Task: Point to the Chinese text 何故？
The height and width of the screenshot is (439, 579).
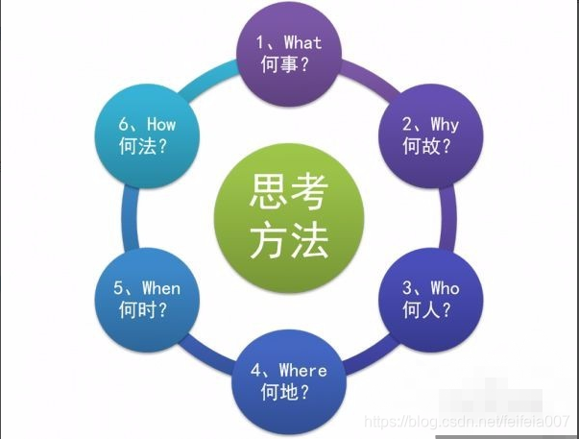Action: click(x=428, y=148)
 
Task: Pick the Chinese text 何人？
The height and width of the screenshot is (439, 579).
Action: click(x=428, y=310)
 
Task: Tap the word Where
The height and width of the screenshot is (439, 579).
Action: click(x=302, y=370)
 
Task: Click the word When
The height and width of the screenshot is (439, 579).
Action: click(x=160, y=287)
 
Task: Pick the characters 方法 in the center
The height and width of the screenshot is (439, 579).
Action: click(x=289, y=240)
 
